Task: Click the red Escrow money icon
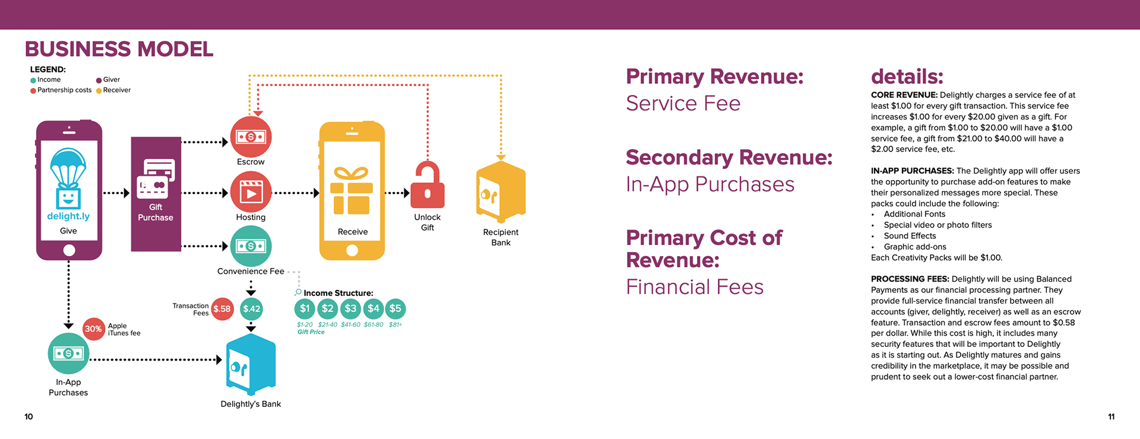point(251,137)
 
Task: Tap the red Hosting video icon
point(251,192)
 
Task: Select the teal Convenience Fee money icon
point(251,246)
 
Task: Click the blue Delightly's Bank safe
point(251,364)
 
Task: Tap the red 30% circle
point(93,329)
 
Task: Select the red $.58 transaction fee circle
point(222,309)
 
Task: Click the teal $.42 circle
point(251,309)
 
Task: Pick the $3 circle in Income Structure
point(350,308)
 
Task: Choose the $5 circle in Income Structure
point(395,308)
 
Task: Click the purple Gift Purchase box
point(156,194)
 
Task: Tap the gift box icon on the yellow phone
point(351,191)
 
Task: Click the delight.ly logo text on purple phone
point(68,216)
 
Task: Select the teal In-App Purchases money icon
point(68,353)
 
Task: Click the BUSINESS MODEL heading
point(119,49)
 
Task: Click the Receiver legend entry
point(116,90)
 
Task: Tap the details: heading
point(907,77)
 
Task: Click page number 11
point(1111,416)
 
